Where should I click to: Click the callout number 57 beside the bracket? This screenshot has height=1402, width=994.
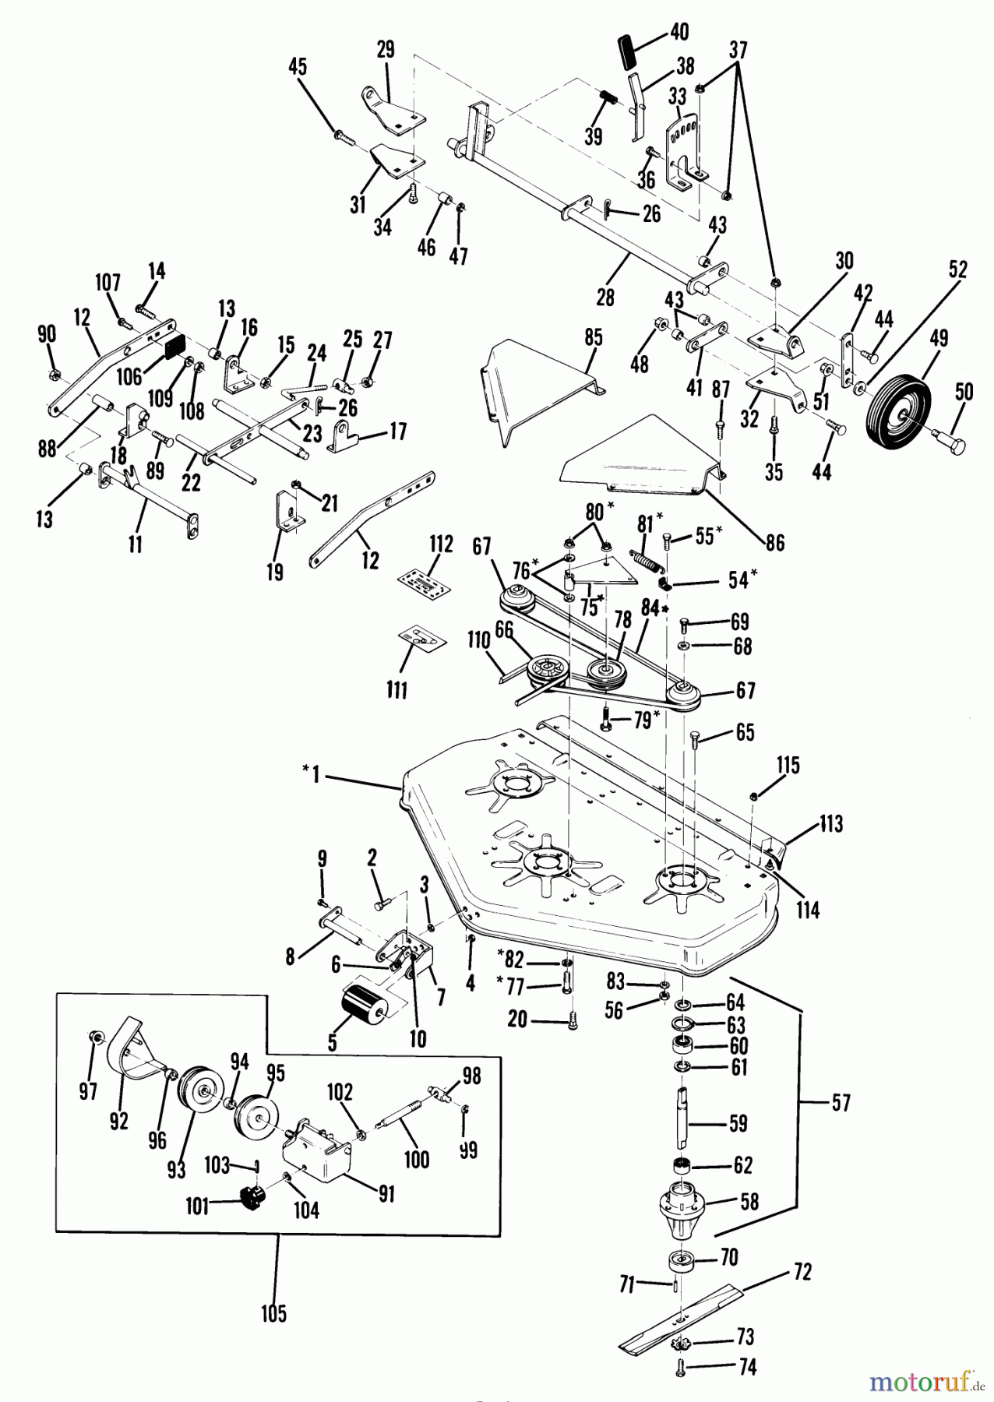[841, 1103]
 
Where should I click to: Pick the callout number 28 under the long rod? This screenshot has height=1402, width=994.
[605, 298]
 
